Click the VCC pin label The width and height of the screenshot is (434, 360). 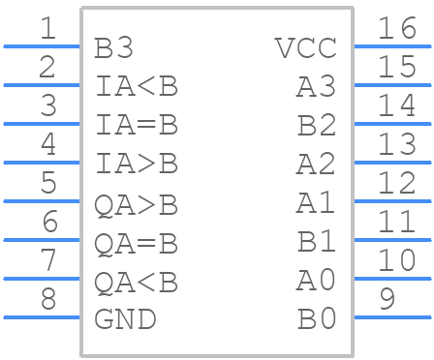[x=305, y=47]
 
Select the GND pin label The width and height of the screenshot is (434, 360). [x=126, y=318]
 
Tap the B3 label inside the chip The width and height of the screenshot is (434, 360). [x=114, y=47]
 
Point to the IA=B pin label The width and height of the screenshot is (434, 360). [x=137, y=125]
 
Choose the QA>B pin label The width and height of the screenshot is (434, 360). [x=137, y=205]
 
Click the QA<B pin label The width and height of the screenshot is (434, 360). [x=137, y=283]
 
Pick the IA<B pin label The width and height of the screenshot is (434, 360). [x=137, y=86]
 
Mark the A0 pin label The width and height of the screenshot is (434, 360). [x=316, y=280]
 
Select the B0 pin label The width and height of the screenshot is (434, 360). [x=316, y=318]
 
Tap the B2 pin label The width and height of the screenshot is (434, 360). [x=316, y=125]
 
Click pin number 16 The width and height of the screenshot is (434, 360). [x=397, y=28]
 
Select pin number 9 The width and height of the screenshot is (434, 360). [x=387, y=299]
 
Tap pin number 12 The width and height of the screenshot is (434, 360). [x=397, y=183]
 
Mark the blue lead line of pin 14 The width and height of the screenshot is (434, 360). [x=391, y=123]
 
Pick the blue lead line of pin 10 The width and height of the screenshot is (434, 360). [x=391, y=278]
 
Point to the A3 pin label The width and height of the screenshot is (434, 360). [x=316, y=86]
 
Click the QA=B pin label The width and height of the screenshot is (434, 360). [x=137, y=244]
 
